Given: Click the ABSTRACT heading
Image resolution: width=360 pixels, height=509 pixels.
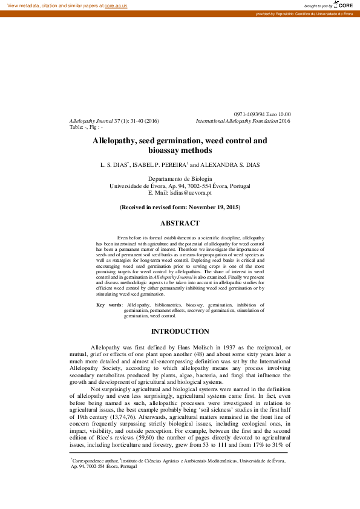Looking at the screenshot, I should click(180, 223).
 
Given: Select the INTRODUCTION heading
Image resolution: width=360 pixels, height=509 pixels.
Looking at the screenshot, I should click(180, 331).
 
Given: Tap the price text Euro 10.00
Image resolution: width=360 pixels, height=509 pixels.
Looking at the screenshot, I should click(278, 114).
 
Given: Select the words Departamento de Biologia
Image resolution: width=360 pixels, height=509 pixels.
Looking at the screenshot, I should click(180, 179).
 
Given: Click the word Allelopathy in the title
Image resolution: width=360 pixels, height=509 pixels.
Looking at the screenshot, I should click(114, 141).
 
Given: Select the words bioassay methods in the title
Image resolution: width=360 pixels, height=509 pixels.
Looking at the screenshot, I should click(180, 151).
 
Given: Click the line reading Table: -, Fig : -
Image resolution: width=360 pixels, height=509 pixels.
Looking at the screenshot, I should click(87, 128).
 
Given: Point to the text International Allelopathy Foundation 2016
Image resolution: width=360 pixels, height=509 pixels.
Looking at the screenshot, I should click(243, 121).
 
